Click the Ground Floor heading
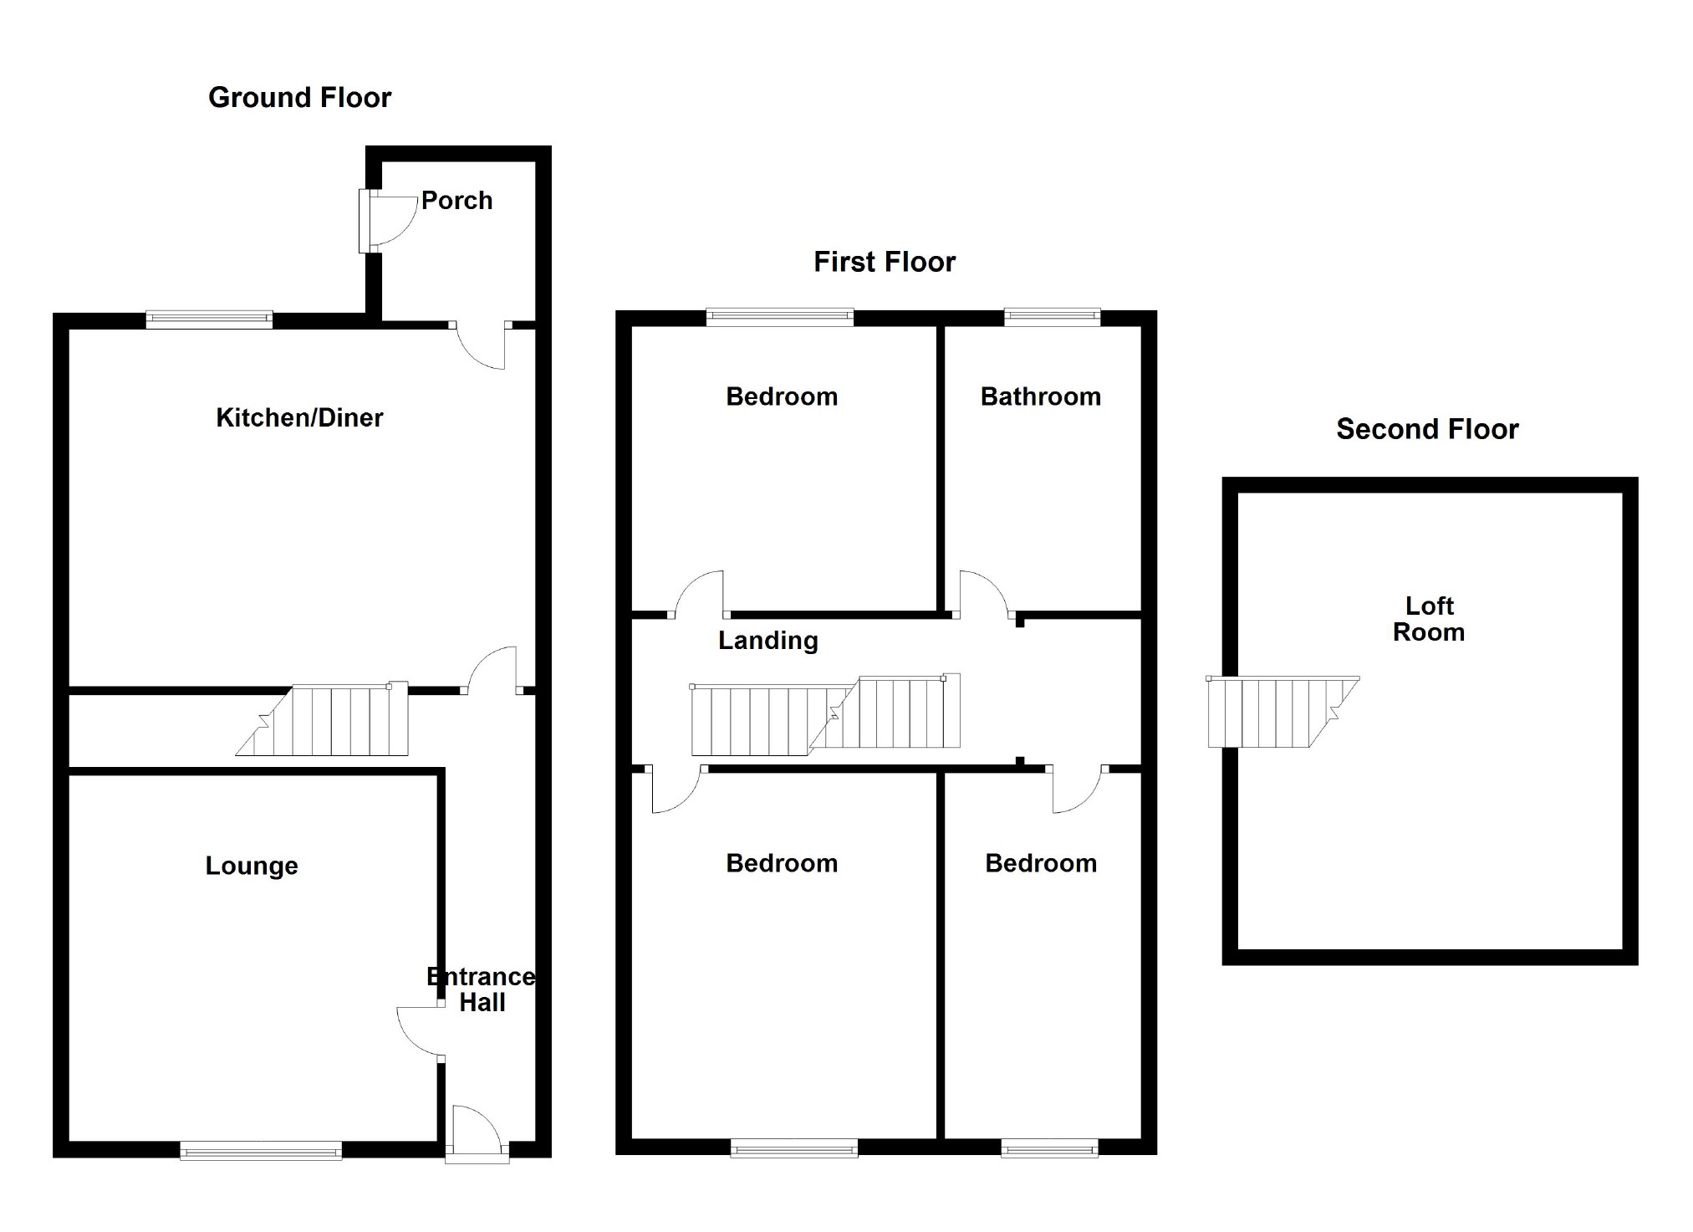point(299,98)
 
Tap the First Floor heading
point(884,262)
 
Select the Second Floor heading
point(1426,429)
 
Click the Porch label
point(456,201)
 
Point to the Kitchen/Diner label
point(299,417)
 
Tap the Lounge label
point(252,866)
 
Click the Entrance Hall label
point(481,989)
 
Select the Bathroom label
point(1040,396)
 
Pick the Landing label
point(767,641)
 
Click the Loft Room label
point(1428,619)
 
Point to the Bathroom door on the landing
point(983,592)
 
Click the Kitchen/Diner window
point(209,319)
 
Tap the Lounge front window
point(261,1151)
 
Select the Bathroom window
point(1052,316)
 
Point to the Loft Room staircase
point(1275,713)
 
